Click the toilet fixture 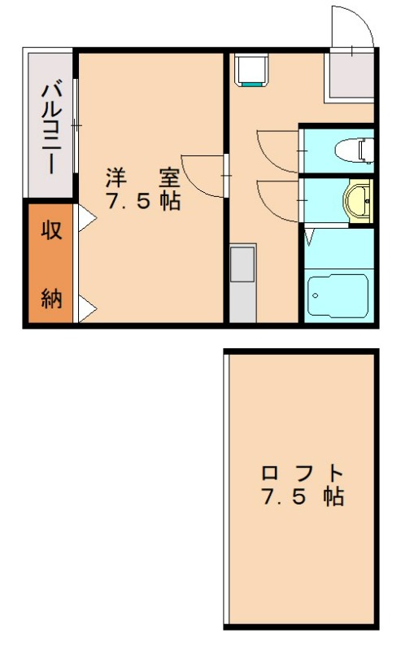tap(355, 148)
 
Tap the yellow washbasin tap(358, 200)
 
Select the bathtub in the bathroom tap(338, 295)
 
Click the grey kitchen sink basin tap(242, 265)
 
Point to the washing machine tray tap(251, 70)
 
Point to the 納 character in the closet tap(51, 299)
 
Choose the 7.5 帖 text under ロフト tap(303, 497)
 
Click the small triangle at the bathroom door tap(309, 238)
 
